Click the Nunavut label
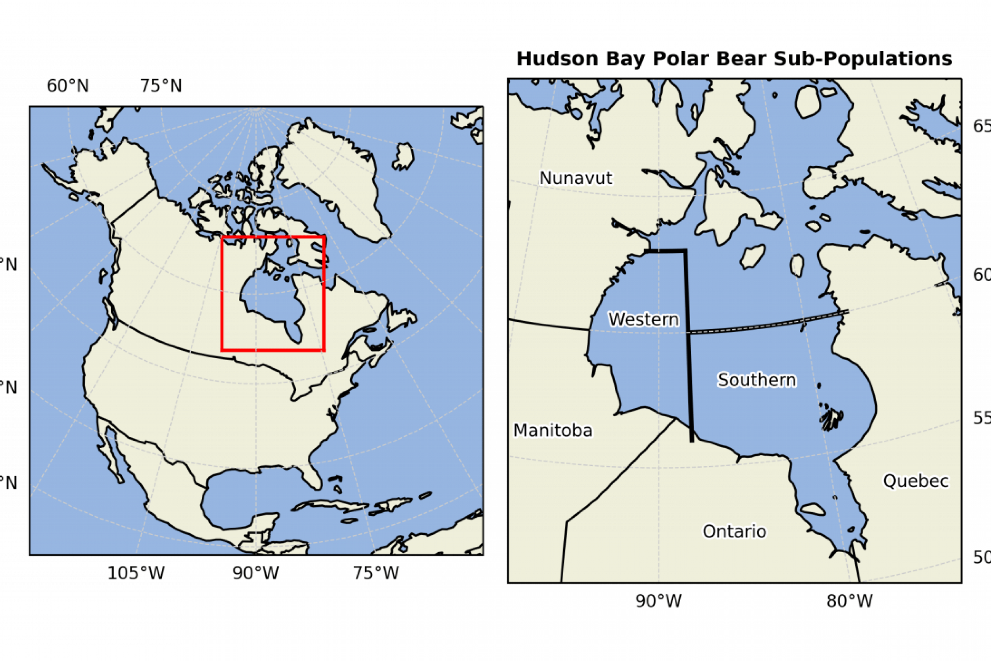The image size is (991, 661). point(576,178)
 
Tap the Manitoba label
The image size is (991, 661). point(553,431)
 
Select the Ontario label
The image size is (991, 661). point(734,531)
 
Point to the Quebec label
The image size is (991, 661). point(916,481)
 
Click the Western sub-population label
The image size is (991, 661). point(643,319)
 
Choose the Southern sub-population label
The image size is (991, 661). point(757,380)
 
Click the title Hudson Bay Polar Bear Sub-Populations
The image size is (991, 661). point(734,59)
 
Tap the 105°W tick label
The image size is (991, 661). point(135,573)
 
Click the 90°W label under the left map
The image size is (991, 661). point(256,573)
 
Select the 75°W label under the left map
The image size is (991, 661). point(375,573)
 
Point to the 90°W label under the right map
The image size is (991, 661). point(658,601)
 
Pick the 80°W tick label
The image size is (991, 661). point(849,601)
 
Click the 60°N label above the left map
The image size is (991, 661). point(67,86)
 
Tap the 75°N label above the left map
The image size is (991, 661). point(161,86)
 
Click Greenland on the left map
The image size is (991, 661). point(333,177)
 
